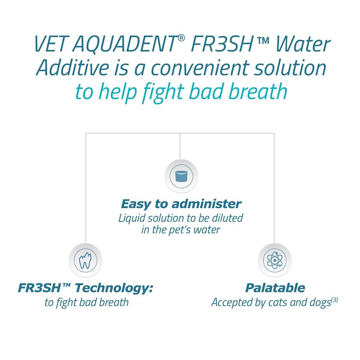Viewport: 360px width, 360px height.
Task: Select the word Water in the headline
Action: click(x=303, y=44)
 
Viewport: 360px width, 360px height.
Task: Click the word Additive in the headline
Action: click(x=73, y=68)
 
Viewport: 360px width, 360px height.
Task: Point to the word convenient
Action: click(x=199, y=68)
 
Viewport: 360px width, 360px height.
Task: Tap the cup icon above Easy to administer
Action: click(x=181, y=176)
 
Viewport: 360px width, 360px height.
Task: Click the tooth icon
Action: click(x=85, y=260)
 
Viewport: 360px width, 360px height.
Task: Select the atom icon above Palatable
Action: click(x=275, y=260)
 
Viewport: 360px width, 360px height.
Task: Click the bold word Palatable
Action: click(x=275, y=288)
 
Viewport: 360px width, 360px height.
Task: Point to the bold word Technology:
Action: click(x=114, y=288)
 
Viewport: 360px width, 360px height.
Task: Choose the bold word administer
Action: click(x=206, y=204)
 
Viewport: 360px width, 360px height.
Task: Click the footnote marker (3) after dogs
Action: click(x=334, y=300)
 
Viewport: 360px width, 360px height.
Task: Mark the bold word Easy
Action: click(x=135, y=204)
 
